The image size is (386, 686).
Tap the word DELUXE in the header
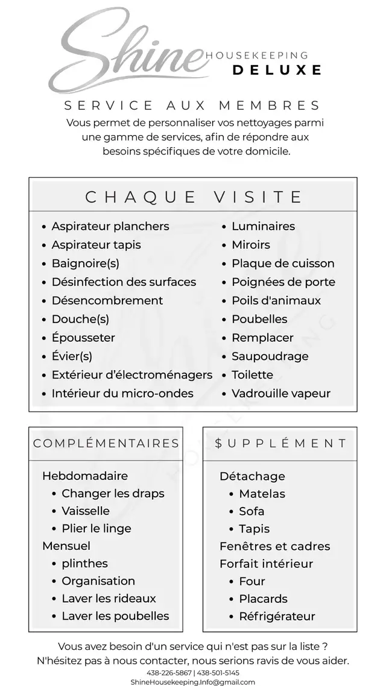coord(277,70)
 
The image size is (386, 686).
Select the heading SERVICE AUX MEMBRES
coord(192,105)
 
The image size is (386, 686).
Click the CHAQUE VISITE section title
coord(193,197)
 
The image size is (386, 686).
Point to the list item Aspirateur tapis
coord(96,245)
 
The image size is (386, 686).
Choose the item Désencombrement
coord(107,300)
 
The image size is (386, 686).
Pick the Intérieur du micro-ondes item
coord(122,393)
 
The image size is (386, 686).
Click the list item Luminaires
coord(263,226)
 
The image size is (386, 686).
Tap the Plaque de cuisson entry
coord(283,263)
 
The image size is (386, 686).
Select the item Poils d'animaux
coord(276,300)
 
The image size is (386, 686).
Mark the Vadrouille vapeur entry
coord(281,393)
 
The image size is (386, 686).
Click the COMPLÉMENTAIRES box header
coord(106,444)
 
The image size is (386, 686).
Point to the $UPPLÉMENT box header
coord(280,444)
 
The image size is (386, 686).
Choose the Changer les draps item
coord(113,493)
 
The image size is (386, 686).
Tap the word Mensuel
coord(66,546)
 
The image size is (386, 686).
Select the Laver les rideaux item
coord(109,599)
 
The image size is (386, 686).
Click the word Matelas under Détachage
coord(262,493)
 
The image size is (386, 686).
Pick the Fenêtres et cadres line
coord(274,546)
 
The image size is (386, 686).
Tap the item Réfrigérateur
coord(277,616)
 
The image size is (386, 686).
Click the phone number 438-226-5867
coord(169,673)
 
